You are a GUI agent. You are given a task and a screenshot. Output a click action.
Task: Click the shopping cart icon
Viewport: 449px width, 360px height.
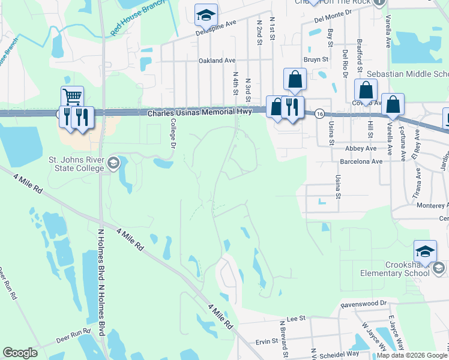[x=72, y=96]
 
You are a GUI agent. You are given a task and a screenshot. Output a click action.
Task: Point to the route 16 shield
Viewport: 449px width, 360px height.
[x=320, y=113]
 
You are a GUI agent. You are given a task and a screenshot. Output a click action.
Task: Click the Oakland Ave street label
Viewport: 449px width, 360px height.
[x=217, y=61]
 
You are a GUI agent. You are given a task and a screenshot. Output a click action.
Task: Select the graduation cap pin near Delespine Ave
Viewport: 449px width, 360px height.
[x=206, y=14]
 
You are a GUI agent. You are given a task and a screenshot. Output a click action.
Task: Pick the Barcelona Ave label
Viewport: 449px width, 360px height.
[x=360, y=161]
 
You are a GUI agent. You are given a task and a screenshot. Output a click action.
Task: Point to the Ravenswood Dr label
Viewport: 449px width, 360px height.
[x=363, y=304]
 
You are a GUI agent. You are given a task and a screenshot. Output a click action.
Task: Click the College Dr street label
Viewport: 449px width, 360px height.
[x=172, y=133]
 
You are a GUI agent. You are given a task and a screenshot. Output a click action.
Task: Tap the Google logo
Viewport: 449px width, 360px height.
[x=20, y=352]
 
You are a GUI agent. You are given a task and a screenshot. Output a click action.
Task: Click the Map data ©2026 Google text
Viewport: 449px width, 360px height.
[x=412, y=355]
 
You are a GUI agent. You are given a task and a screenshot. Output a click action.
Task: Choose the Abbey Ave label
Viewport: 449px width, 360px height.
[x=361, y=148]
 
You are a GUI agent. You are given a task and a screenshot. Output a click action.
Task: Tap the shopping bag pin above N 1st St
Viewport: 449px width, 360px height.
[x=295, y=79]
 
